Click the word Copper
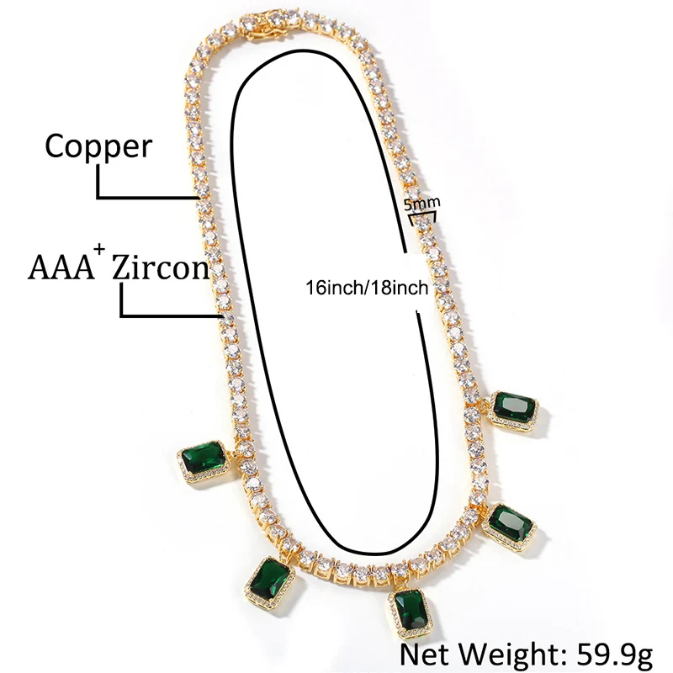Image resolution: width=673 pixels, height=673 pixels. tap(98, 147)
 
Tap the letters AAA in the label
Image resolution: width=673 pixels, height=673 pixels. tap(59, 268)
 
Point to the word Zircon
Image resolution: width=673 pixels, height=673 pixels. tap(160, 268)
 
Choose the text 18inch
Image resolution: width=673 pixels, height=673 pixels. tap(400, 288)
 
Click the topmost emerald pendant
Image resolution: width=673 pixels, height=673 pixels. tap(516, 411)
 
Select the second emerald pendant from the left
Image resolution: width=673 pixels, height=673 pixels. tap(273, 586)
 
